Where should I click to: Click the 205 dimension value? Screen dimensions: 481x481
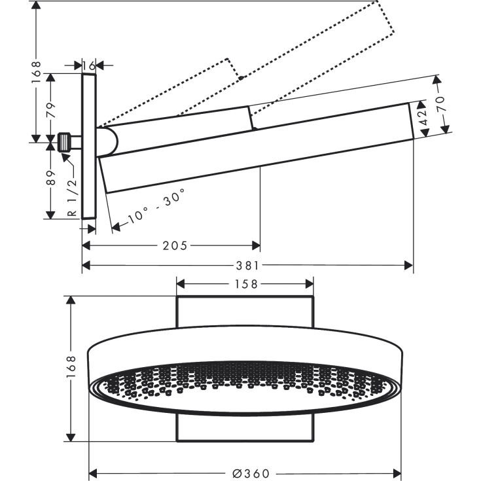[x=175, y=245]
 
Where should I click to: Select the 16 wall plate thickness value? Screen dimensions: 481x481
[x=89, y=65]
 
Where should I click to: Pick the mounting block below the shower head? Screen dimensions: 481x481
[x=245, y=429]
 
